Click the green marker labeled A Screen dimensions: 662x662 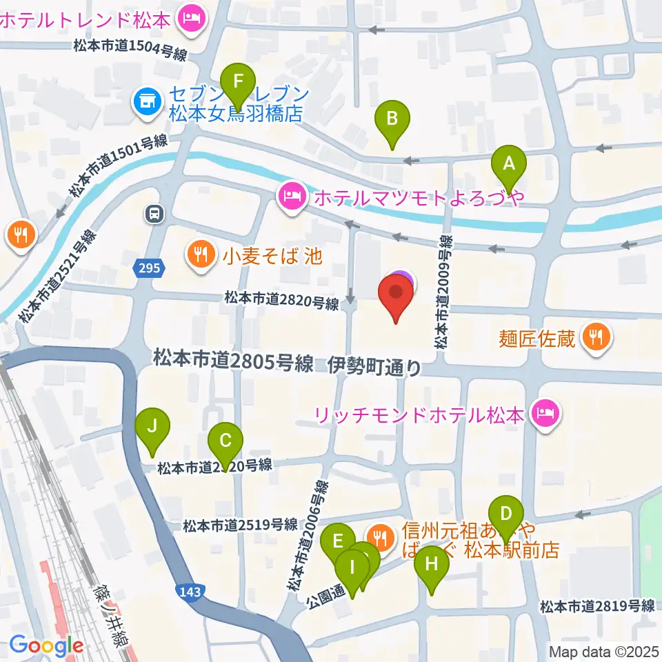point(509,164)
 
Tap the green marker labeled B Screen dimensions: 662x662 point(392,118)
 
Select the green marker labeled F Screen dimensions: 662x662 point(239,81)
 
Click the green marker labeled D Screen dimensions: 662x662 point(506,514)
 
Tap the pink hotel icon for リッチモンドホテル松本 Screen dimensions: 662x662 point(545,414)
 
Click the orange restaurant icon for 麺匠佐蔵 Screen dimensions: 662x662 point(594,338)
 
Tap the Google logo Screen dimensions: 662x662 point(47,646)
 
